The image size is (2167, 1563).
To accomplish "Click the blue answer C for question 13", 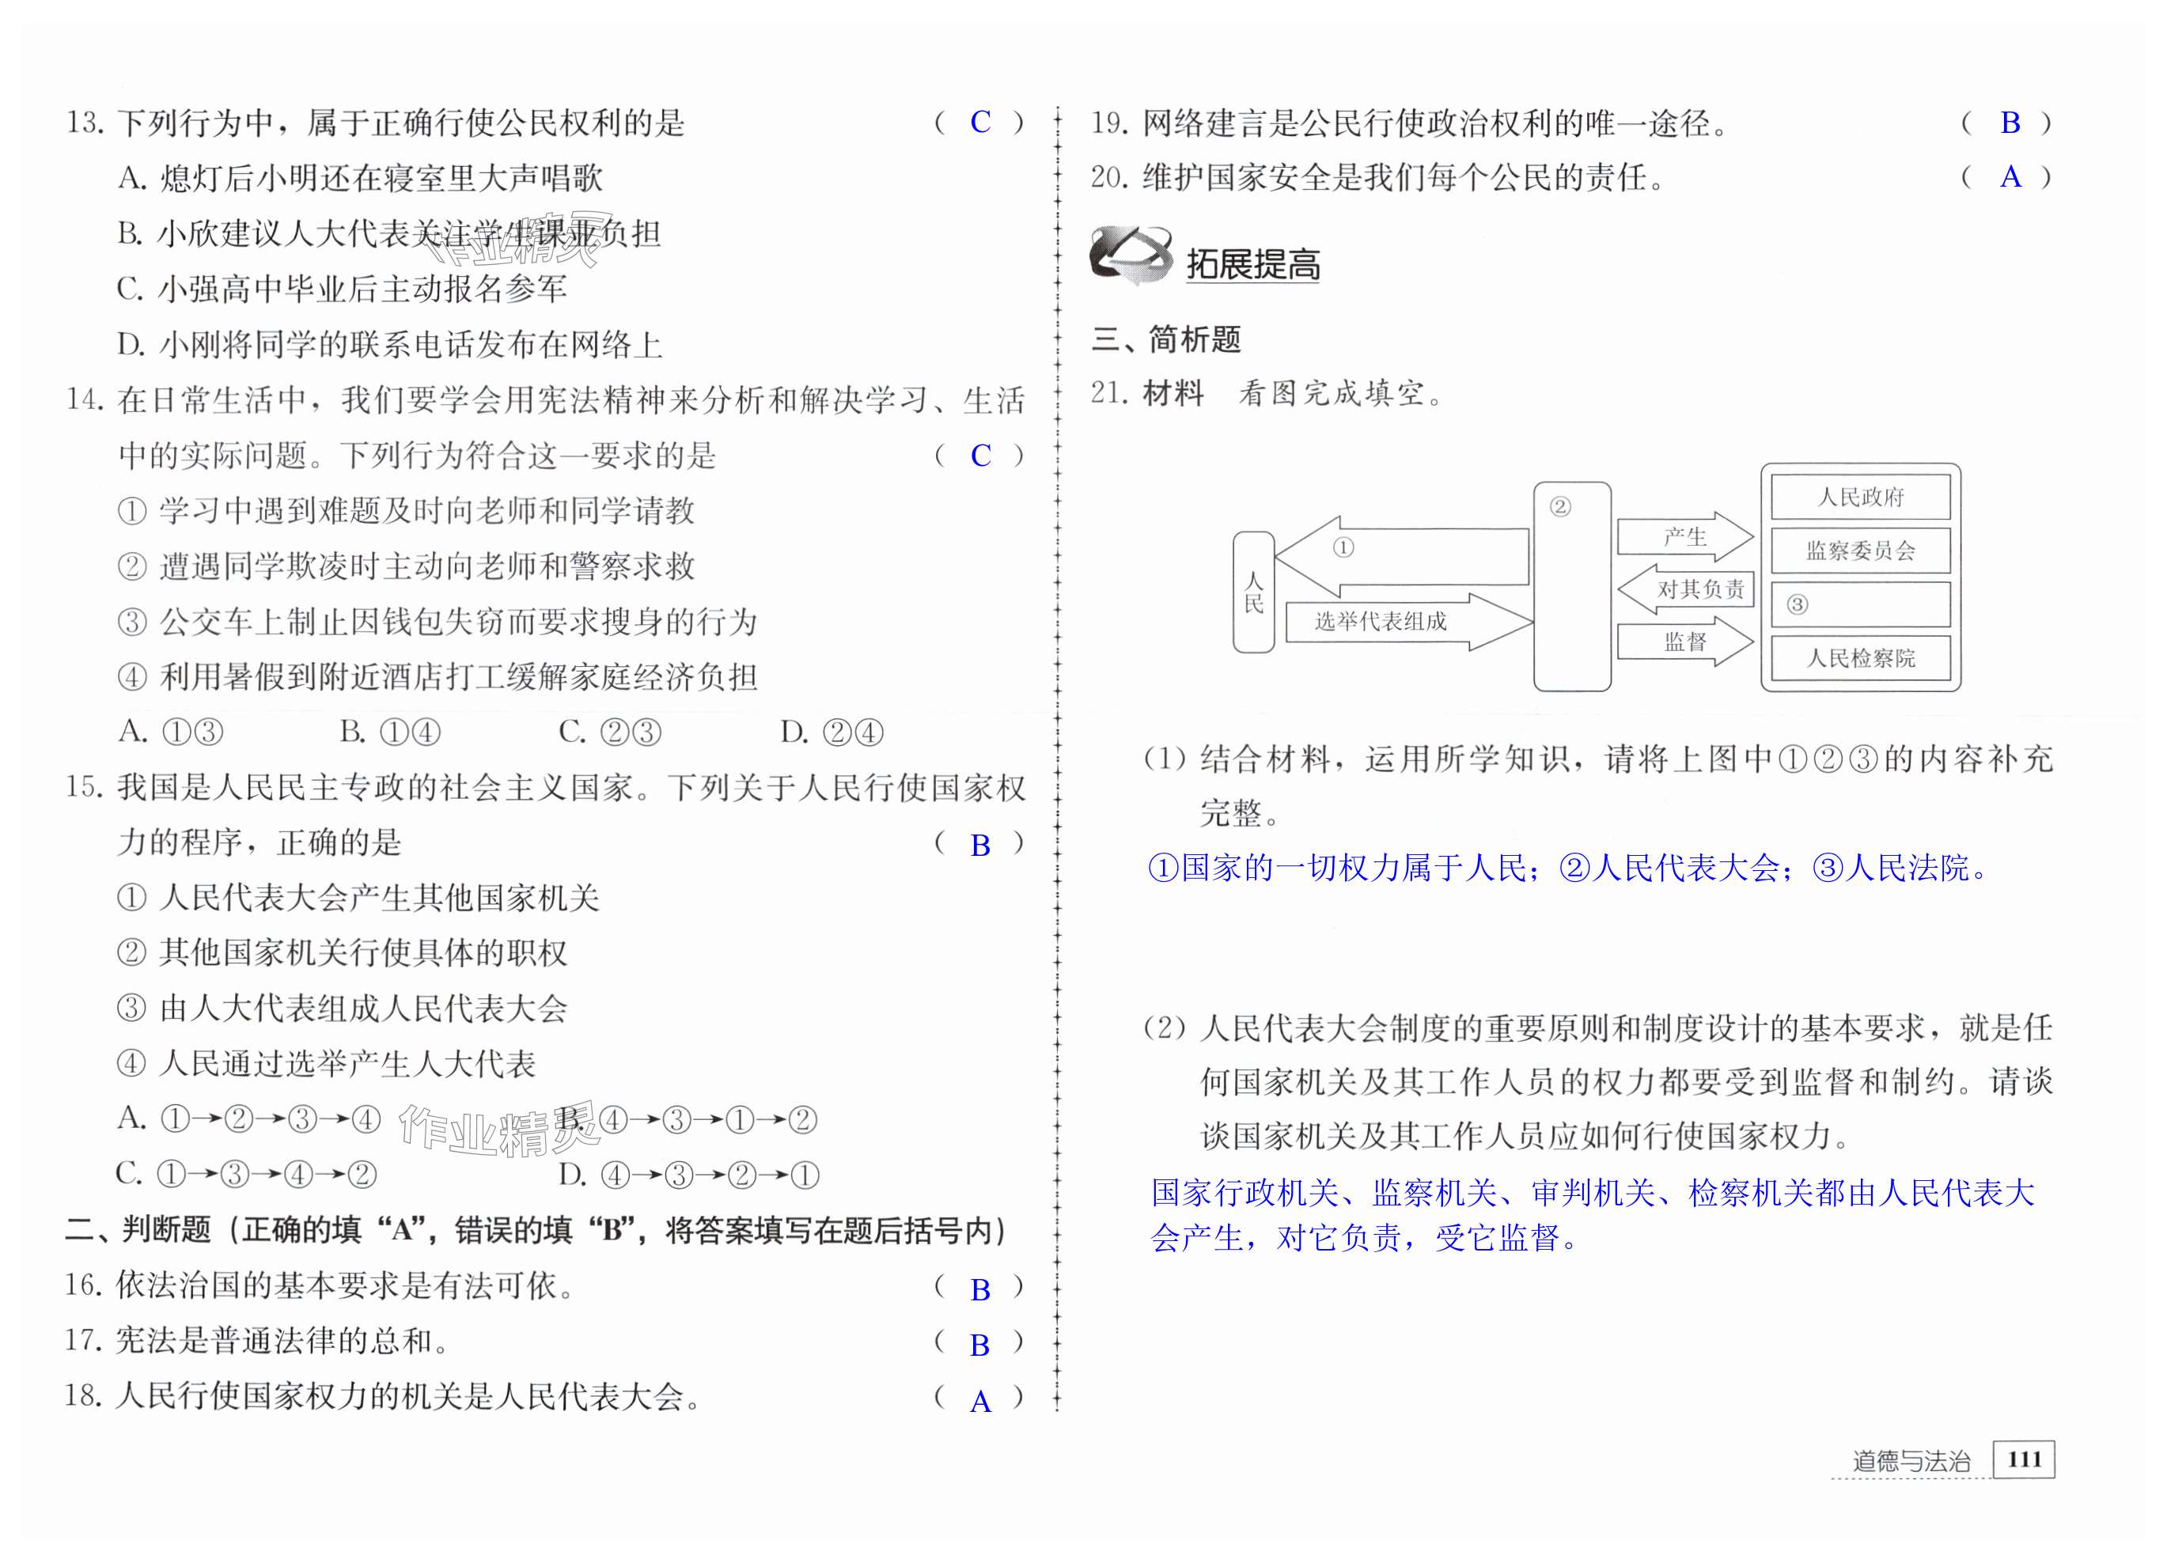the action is click(980, 123).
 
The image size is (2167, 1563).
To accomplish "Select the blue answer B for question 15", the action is click(980, 845).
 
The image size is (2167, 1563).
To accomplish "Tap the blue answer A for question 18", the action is click(980, 1402).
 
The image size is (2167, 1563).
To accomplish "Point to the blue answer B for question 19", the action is click(2010, 123).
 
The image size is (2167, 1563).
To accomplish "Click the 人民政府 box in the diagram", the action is click(1859, 497).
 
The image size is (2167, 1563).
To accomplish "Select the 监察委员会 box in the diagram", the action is click(1859, 551).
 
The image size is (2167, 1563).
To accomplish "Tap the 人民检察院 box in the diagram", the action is click(1859, 658).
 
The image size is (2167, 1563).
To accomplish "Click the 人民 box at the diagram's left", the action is click(1253, 592).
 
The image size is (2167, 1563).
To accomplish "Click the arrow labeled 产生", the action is click(1684, 537).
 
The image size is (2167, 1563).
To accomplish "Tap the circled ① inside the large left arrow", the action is click(1343, 547).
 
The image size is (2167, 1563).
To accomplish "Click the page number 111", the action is click(2024, 1459).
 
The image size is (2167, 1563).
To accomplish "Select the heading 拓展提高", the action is click(1252, 263).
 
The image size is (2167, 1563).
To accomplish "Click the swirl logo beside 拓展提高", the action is click(1131, 254).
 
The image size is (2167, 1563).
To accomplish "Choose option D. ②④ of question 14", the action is click(832, 732).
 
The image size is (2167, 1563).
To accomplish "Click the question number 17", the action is click(83, 1341).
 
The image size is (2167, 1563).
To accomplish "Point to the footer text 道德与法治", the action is click(1911, 1461).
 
